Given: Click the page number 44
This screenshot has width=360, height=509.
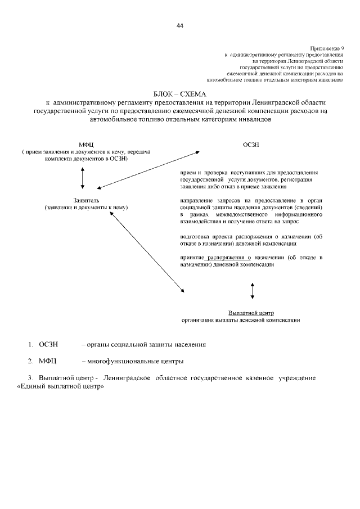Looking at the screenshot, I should click(x=180, y=25).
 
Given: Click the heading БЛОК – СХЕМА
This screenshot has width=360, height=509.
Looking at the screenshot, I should click(x=180, y=93).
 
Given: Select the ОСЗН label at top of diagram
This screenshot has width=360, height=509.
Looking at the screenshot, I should click(x=251, y=145).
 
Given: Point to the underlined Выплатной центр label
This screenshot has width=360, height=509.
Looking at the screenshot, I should click(x=251, y=312).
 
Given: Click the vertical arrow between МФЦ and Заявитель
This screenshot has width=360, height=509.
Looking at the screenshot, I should click(x=83, y=177).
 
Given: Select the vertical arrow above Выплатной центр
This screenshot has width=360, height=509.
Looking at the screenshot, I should click(x=252, y=290).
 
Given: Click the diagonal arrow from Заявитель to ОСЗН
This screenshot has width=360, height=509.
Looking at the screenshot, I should click(x=148, y=170).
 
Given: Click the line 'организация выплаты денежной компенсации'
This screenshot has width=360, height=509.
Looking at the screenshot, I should click(x=241, y=320).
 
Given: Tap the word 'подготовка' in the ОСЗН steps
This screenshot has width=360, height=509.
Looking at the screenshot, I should click(x=194, y=237).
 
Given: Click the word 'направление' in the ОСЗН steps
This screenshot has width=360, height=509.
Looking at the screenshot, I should click(x=196, y=200).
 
